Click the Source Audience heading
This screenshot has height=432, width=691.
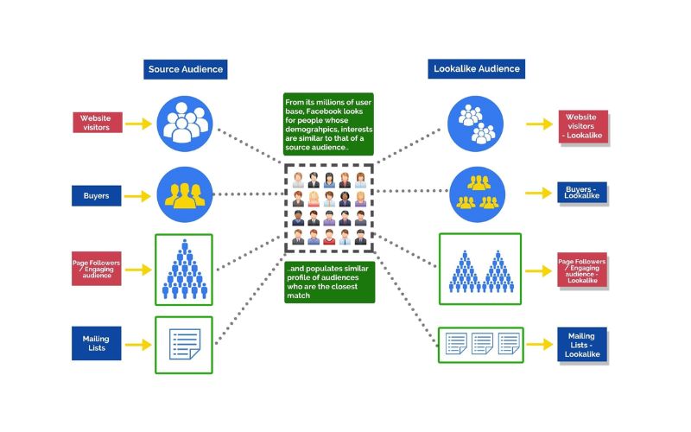click(186, 69)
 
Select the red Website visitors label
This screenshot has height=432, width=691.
click(97, 123)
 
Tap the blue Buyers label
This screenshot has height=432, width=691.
click(97, 196)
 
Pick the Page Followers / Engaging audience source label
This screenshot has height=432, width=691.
click(97, 268)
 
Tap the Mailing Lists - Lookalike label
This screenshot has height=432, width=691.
click(582, 344)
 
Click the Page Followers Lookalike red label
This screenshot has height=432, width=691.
click(582, 270)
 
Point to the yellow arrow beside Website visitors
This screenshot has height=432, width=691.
click(138, 124)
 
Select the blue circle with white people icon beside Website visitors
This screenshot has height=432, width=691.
click(184, 123)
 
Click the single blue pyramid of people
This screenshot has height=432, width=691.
click(182, 270)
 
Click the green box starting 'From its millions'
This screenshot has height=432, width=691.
click(328, 126)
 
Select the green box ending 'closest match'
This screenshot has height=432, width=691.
click(328, 283)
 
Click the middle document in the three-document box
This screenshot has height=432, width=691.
click(482, 345)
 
